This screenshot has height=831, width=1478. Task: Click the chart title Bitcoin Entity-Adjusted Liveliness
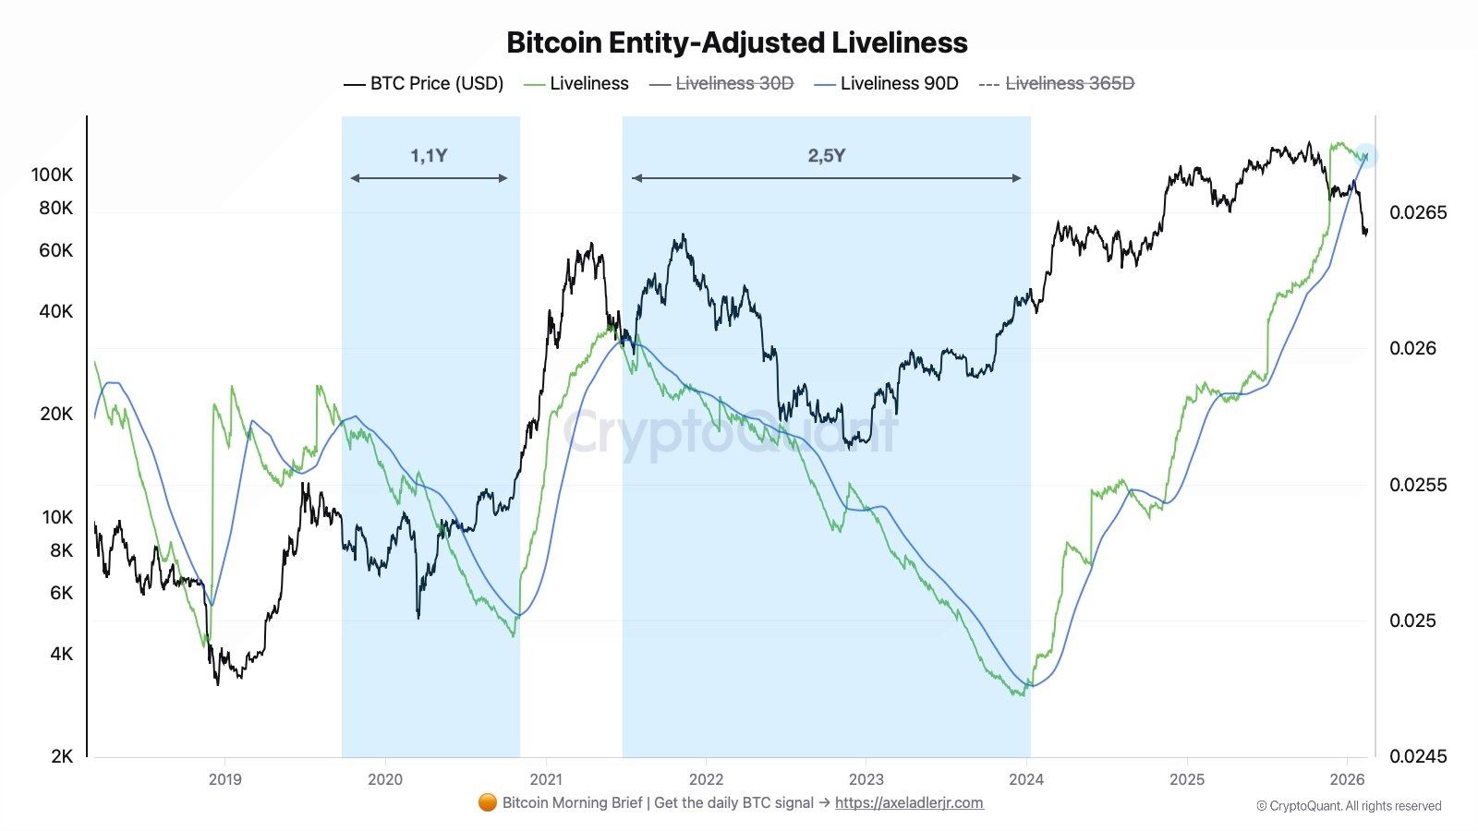click(x=737, y=42)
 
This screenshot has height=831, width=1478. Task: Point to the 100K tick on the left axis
click(x=52, y=175)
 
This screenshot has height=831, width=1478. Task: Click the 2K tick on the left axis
click(x=61, y=756)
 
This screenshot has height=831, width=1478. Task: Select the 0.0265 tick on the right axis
click(x=1418, y=212)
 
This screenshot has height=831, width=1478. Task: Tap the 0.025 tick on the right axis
click(x=1412, y=620)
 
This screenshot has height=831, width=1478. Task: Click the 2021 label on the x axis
click(x=546, y=779)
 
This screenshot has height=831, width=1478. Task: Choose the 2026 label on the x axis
click(x=1347, y=779)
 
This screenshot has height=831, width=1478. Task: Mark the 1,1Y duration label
click(x=429, y=155)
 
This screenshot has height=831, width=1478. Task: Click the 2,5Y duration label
click(x=826, y=155)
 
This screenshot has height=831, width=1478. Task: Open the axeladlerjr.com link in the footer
click(x=909, y=802)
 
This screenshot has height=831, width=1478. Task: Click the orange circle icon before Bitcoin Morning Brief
click(x=488, y=802)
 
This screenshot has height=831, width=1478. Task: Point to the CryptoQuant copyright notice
click(x=1349, y=806)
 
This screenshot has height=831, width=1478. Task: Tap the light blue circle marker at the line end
click(x=1366, y=156)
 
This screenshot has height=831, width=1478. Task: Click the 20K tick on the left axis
click(x=56, y=414)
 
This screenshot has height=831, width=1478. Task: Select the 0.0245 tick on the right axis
click(x=1418, y=756)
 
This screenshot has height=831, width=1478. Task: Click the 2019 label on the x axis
click(x=224, y=779)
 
